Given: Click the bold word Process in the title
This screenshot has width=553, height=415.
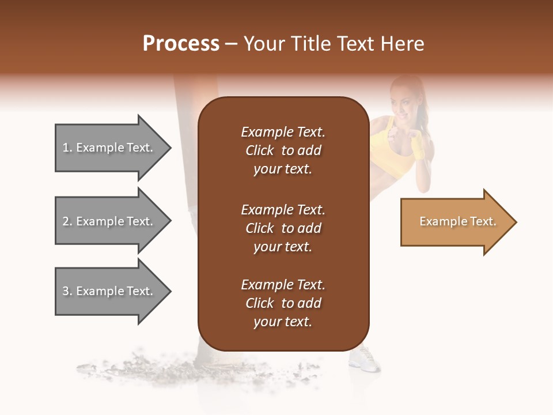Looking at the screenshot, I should coord(181,44).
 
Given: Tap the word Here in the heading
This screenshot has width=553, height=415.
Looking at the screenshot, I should coord(402,44).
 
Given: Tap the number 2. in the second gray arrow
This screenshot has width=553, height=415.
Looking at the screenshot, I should coord(67,221).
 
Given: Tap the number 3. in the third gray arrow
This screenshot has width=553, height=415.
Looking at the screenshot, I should coord(67,291).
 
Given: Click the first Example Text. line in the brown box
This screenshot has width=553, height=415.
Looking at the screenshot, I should coord(283,132).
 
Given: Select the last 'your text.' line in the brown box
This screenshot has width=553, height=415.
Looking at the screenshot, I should coord(283,322).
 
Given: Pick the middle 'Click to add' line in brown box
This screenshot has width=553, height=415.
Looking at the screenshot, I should coord(283,228).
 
